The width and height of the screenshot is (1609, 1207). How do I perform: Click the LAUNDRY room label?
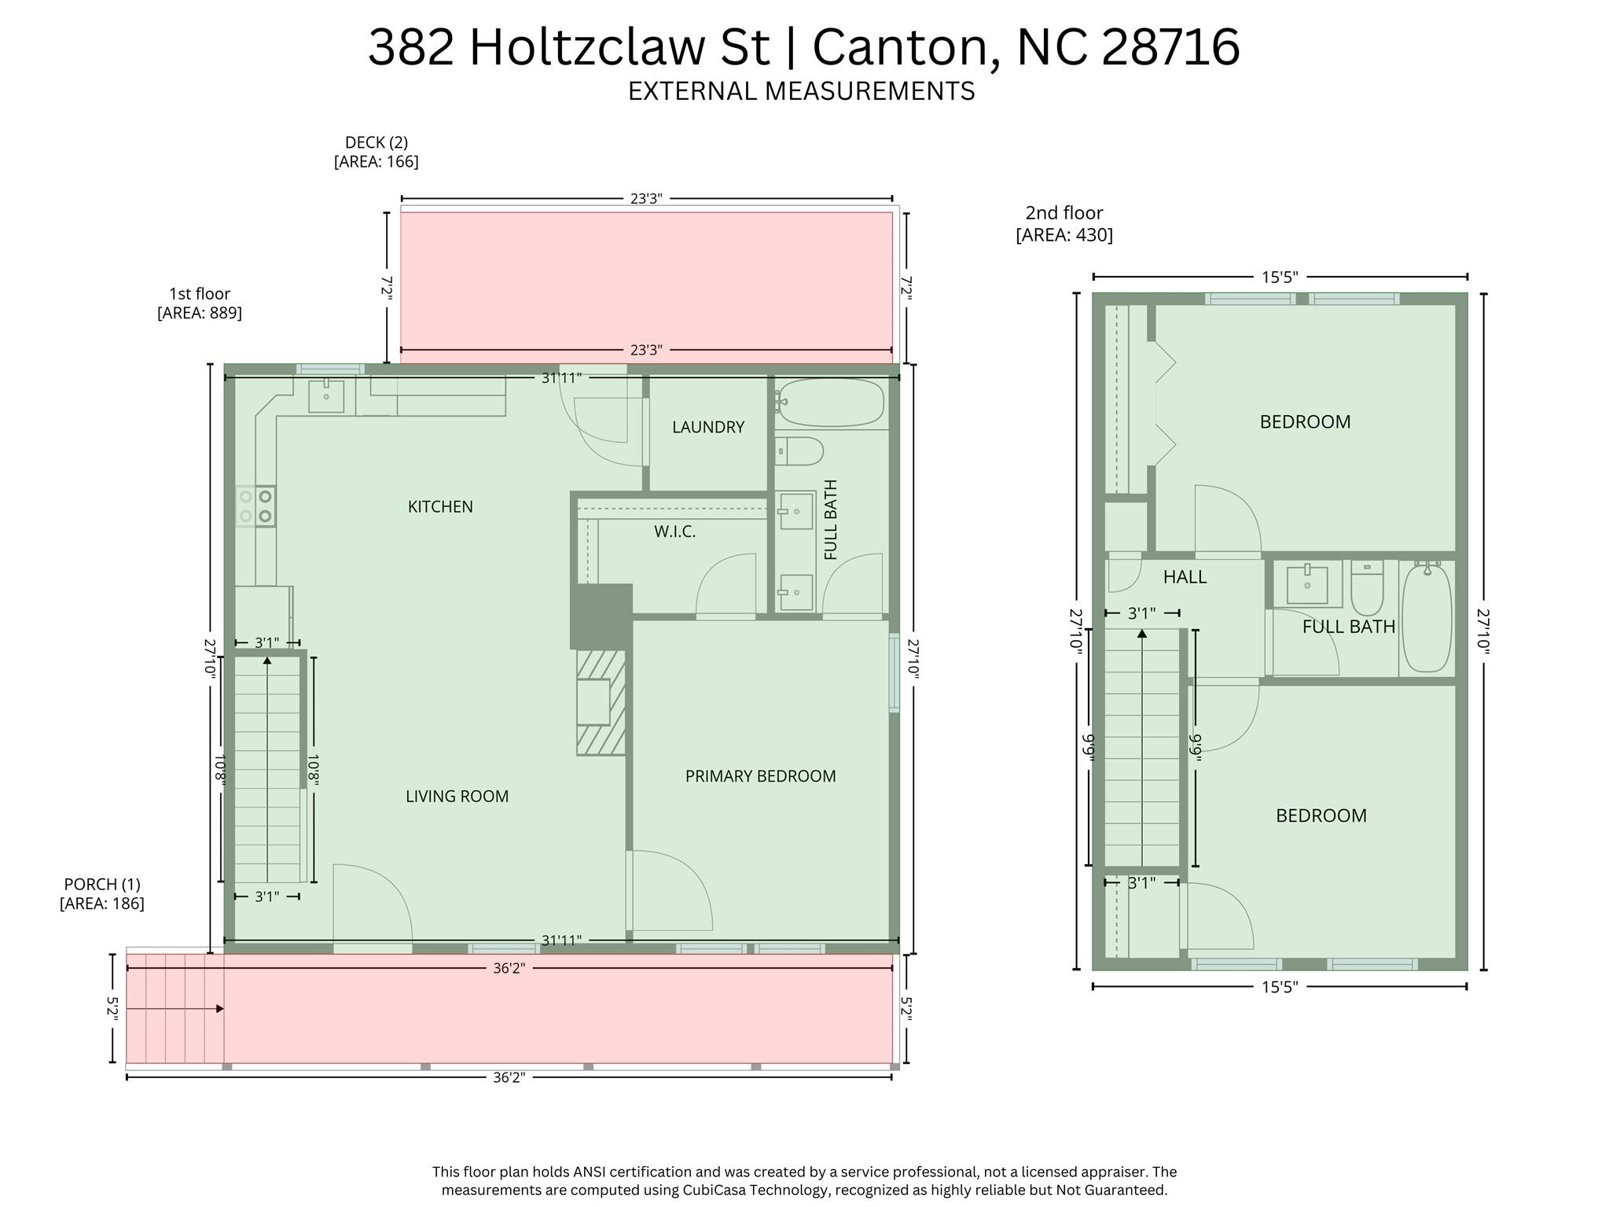[707, 427]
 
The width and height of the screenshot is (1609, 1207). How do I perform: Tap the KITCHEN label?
[440, 507]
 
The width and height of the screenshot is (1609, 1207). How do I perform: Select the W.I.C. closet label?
[674, 532]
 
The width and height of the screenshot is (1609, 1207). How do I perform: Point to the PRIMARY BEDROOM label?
[760, 776]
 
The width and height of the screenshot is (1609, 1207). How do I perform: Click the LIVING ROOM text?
[457, 797]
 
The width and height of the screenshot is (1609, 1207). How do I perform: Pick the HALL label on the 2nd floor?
[1185, 577]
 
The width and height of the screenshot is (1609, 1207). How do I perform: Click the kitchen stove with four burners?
[256, 506]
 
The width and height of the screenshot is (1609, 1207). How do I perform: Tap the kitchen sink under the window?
[325, 396]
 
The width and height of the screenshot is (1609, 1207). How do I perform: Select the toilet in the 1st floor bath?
[800, 451]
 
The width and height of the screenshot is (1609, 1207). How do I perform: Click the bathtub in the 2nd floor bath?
[1427, 618]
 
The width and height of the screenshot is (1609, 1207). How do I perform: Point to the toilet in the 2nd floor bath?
[1367, 590]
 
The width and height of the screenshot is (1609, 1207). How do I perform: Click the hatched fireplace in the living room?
[601, 702]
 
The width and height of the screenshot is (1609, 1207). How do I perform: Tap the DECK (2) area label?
[376, 152]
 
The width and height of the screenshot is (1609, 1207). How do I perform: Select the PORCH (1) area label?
[102, 894]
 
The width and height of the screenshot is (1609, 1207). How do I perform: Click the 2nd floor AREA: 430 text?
[1064, 235]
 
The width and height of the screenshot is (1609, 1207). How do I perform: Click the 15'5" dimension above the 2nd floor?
[1279, 277]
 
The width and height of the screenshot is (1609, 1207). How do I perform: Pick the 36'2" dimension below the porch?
[509, 1077]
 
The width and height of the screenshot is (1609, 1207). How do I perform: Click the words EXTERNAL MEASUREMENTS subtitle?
[801, 91]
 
